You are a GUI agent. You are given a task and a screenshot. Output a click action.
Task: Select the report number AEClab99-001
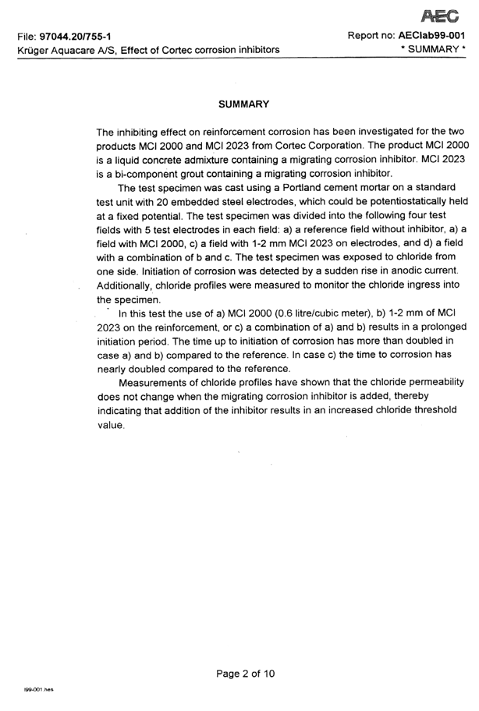pos(431,36)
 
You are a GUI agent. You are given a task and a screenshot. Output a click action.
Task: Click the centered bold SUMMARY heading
pos(243,104)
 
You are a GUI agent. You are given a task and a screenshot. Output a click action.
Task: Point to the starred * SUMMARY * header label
pos(428,50)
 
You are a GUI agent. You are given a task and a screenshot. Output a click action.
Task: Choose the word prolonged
pos(430,327)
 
